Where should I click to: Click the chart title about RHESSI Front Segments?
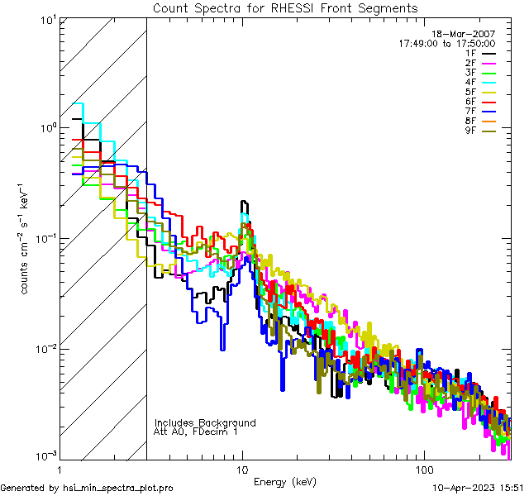tap(285, 8)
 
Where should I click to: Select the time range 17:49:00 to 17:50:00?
tap(446, 43)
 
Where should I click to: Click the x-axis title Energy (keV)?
tap(284, 481)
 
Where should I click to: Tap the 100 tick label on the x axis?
tap(423, 469)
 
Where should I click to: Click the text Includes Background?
tap(205, 422)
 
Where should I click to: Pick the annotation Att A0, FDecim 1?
tap(196, 432)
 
